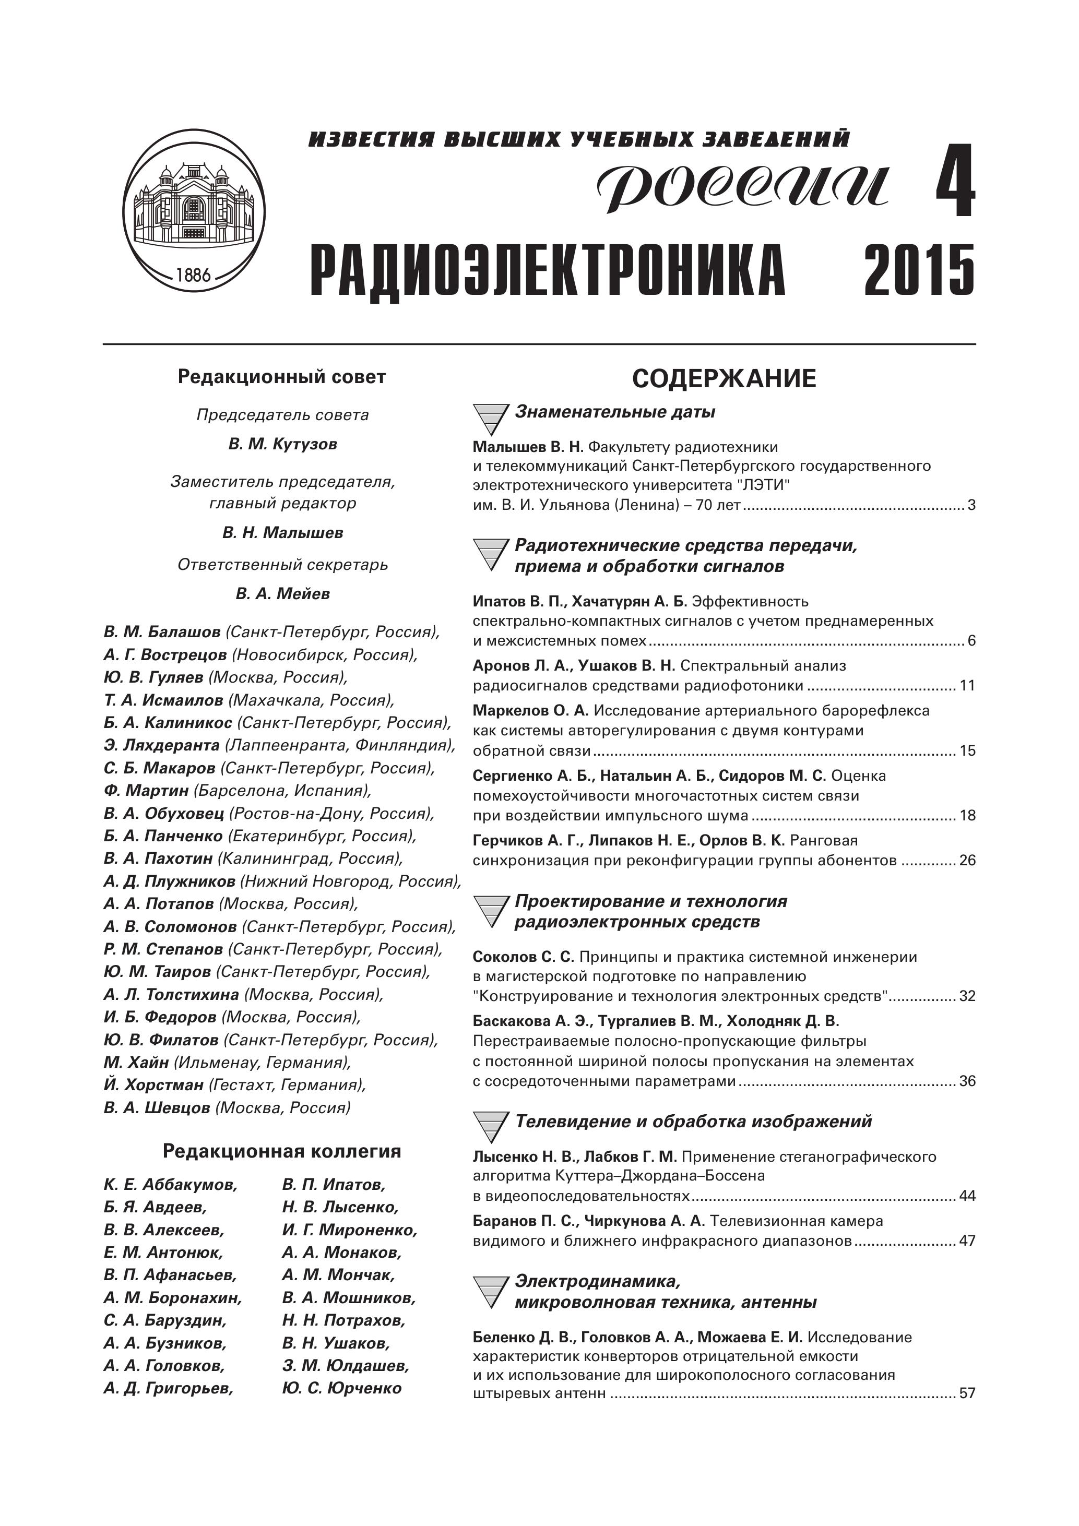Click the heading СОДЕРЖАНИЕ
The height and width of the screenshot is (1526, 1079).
pos(724,379)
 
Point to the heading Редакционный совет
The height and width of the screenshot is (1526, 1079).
pos(282,377)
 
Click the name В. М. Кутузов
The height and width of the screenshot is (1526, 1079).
pos(282,444)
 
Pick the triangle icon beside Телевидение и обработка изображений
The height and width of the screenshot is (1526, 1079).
pos(491,1128)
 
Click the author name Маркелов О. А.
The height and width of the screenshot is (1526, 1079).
pos(530,710)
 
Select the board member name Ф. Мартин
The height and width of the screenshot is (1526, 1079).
pos(146,790)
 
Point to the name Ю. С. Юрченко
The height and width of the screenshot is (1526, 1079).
pos(342,1388)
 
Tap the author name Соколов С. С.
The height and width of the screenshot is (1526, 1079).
pos(523,957)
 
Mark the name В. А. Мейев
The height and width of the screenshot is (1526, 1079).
pos(282,593)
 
